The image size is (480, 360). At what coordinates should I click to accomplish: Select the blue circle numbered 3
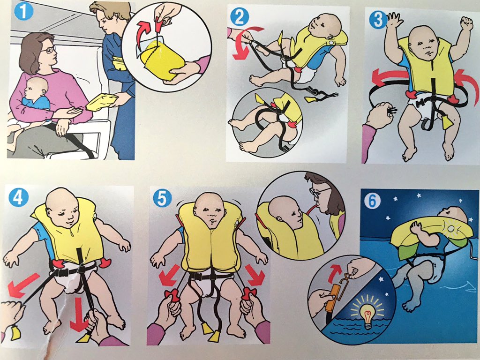[x=378, y=20]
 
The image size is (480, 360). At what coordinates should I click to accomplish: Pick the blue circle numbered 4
[x=19, y=198]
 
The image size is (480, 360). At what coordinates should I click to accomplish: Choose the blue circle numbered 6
[x=372, y=202]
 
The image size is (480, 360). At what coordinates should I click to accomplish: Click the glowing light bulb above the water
[x=367, y=314]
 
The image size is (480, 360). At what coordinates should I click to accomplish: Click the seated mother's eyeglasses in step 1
[x=49, y=50]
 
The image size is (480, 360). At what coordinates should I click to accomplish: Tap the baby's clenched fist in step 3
[x=466, y=24]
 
